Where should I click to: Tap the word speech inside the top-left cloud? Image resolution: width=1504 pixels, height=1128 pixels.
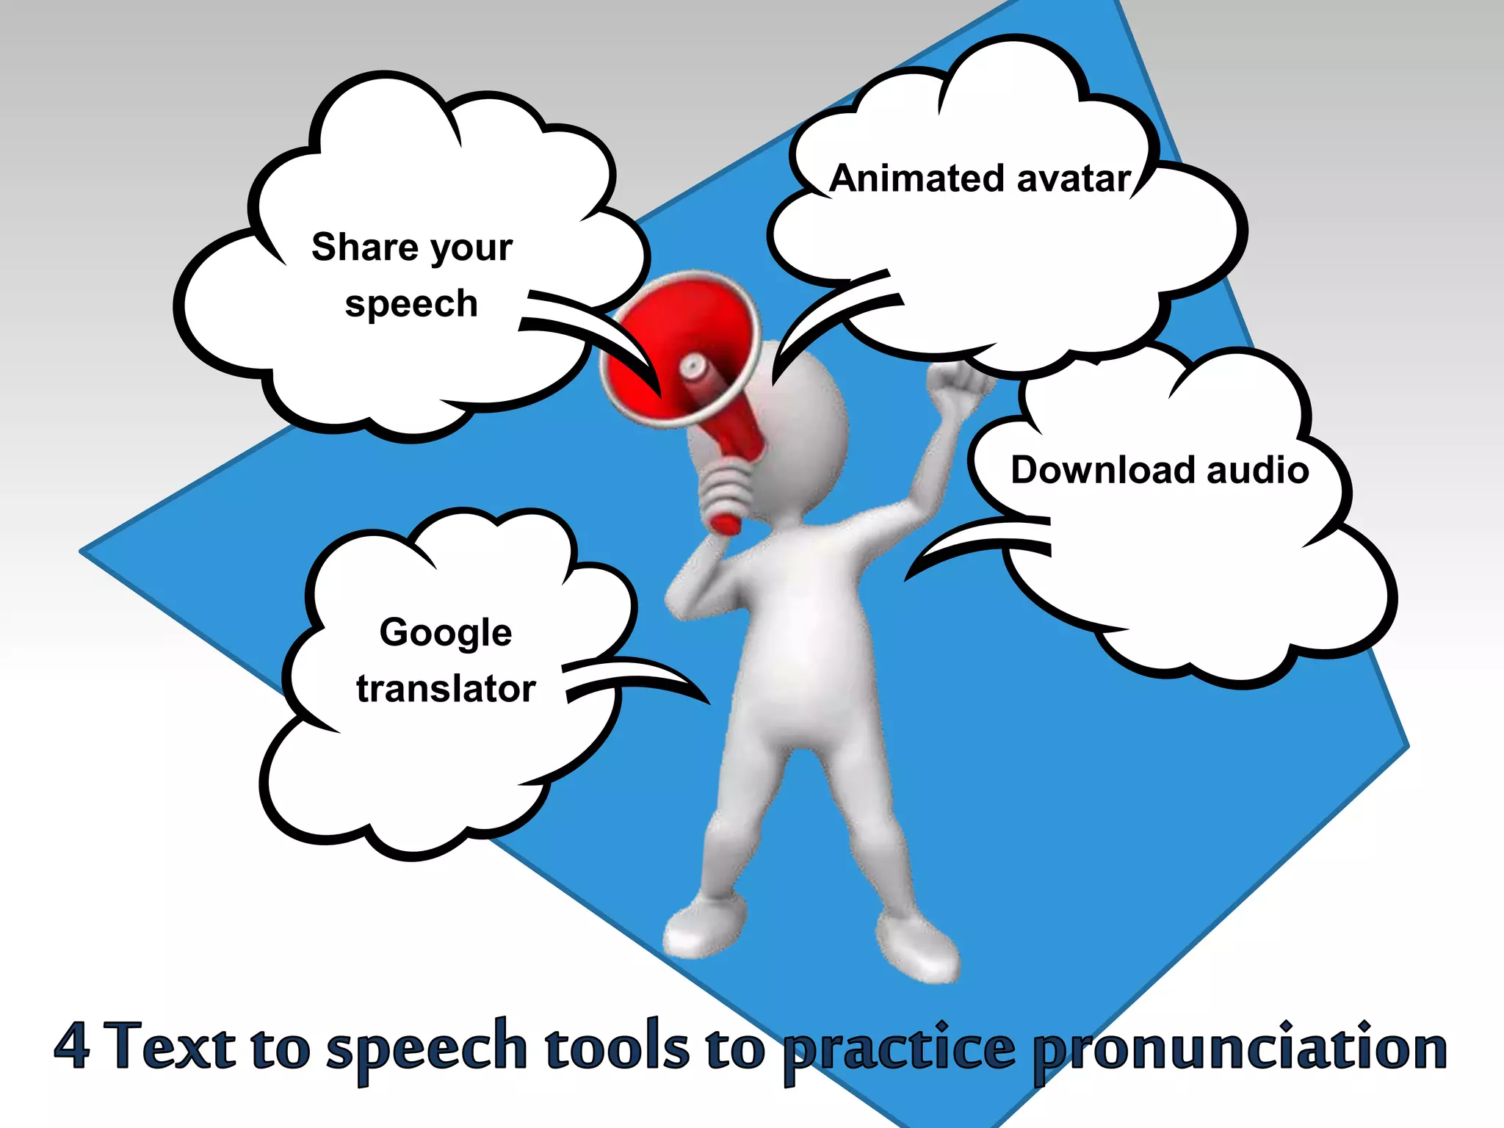(x=411, y=304)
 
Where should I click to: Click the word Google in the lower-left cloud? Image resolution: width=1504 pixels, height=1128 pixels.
(x=446, y=633)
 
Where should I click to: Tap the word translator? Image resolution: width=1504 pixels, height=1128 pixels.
(x=446, y=689)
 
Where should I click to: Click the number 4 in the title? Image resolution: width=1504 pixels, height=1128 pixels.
(x=72, y=1046)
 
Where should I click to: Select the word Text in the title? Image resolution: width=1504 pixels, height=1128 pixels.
(x=173, y=1046)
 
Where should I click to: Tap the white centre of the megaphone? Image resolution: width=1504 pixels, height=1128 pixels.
(x=693, y=367)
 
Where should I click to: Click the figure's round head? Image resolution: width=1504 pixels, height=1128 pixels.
(x=800, y=433)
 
